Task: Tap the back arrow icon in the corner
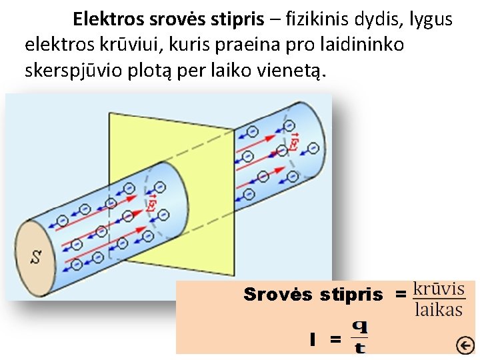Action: (465, 345)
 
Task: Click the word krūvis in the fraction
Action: (439, 289)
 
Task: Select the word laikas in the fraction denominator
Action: (439, 309)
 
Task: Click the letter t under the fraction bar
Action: (359, 347)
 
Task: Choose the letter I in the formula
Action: (312, 339)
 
